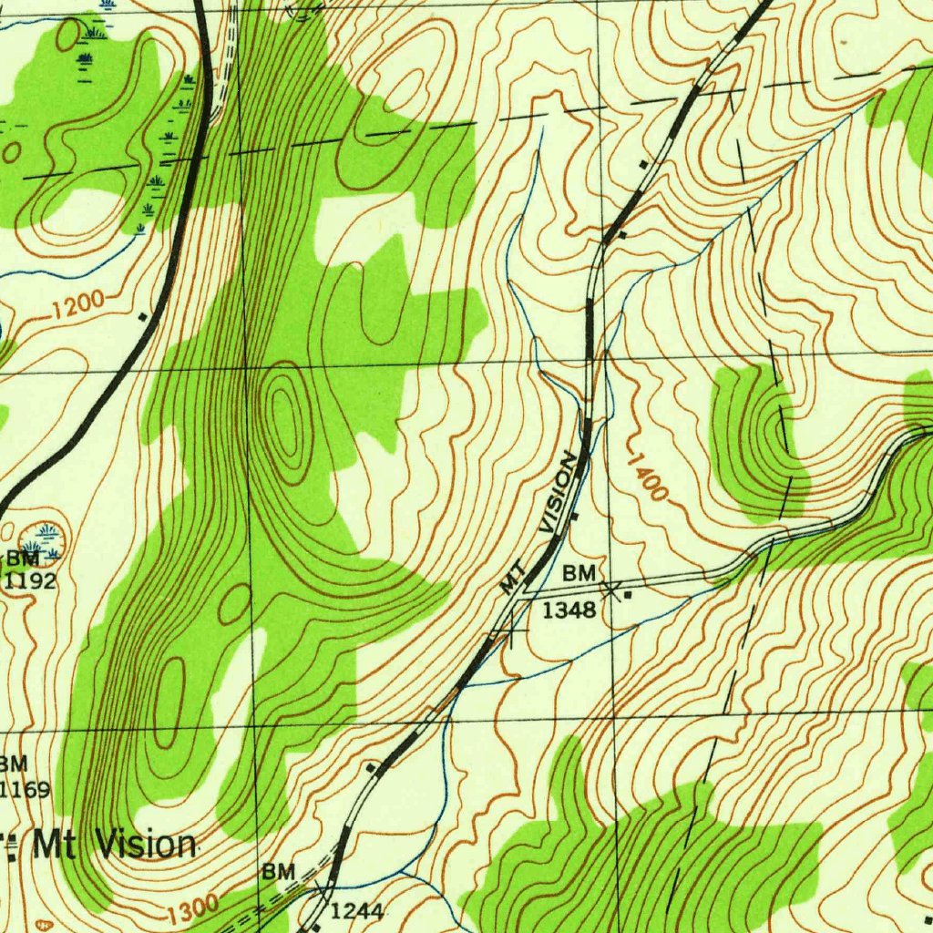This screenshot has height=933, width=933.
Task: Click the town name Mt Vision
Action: tap(113, 845)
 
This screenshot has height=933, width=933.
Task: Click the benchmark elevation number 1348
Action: tap(569, 610)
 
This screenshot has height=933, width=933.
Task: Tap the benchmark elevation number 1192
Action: tap(30, 580)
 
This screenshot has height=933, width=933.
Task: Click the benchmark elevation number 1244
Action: tap(356, 909)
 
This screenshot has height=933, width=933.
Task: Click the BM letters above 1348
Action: tap(579, 573)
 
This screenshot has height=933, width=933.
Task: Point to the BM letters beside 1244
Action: tap(279, 872)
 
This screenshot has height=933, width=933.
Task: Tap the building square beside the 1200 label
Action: tap(142, 317)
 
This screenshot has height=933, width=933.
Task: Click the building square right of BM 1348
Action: tap(628, 594)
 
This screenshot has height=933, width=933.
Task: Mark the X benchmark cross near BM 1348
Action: tap(610, 590)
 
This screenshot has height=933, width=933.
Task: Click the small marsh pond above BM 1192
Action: tap(45, 530)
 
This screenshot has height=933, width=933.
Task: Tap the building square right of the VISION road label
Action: tap(575, 516)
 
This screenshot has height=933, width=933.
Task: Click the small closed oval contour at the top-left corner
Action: tap(67, 35)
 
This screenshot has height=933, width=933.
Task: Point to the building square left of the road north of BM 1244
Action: tap(370, 768)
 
